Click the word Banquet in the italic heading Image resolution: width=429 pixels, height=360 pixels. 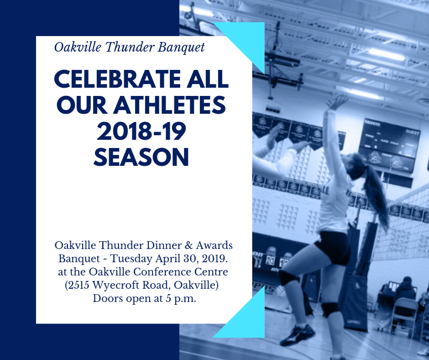pyautogui.click(x=181, y=48)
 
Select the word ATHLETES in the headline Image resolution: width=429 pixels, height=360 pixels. pyautogui.click(x=170, y=105)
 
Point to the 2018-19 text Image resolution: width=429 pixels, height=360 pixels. pyautogui.click(x=141, y=131)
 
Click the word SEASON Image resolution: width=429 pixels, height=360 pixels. pyautogui.click(x=141, y=157)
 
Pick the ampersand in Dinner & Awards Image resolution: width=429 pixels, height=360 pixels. pyautogui.click(x=188, y=245)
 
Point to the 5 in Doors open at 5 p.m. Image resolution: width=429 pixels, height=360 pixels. pyautogui.click(x=168, y=299)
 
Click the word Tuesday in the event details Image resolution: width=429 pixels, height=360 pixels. pyautogui.click(x=131, y=259)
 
